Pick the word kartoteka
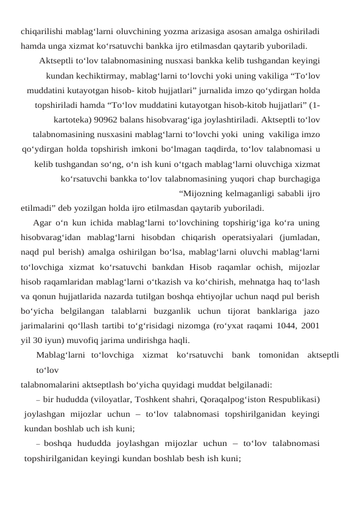pyautogui.click(x=69, y=119)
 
